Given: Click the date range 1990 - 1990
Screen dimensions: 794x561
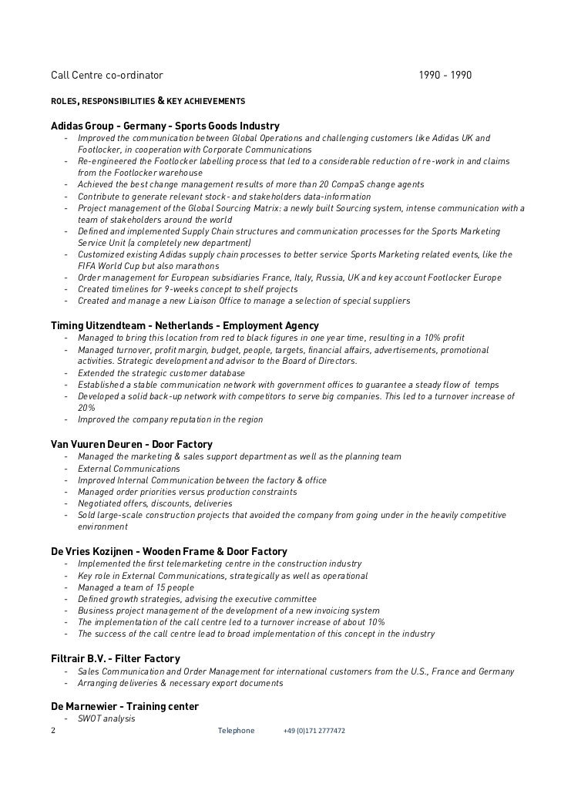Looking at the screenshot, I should pos(445,76).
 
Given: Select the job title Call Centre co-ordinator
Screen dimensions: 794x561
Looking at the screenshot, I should pos(107,76).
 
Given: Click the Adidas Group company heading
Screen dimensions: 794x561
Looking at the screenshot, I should pos(165,126).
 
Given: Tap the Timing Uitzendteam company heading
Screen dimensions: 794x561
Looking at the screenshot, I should pos(184,326).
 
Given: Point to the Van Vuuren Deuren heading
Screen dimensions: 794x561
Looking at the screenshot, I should pos(131,445).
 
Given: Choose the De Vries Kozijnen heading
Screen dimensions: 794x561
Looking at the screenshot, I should pos(169,551).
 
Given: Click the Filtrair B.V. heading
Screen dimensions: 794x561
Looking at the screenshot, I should pos(115,658).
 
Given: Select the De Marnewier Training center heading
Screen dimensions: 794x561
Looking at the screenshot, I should pos(124,706).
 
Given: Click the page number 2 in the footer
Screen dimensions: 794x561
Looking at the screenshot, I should pos(53,730).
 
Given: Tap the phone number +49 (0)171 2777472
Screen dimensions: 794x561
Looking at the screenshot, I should pos(314,730).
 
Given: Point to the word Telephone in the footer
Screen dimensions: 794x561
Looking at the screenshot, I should pos(236,730).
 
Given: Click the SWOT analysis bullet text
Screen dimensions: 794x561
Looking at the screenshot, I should pos(106,718).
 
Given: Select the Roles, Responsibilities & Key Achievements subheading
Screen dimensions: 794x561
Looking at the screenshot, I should pos(148,101).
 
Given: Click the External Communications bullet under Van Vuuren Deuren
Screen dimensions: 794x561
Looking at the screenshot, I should pos(118,469).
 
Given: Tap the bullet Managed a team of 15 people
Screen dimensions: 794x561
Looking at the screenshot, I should pos(136,587).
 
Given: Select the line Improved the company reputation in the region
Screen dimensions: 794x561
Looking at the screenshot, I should pos(170,419).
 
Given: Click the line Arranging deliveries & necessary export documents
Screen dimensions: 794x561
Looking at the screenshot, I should pos(180,683).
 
